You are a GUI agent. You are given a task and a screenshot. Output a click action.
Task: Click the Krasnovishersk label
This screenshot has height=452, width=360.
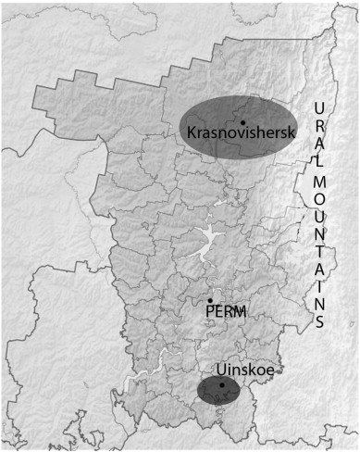pyautogui.click(x=240, y=132)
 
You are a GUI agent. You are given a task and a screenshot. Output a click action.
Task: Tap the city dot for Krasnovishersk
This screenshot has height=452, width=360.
pyautogui.click(x=242, y=121)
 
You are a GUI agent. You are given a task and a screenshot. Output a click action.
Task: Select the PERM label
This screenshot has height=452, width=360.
pyautogui.click(x=225, y=312)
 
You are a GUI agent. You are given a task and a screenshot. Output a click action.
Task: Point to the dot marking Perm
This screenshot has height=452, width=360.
pyautogui.click(x=210, y=300)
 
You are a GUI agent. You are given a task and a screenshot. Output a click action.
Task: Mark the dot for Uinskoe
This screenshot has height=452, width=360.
pyautogui.click(x=222, y=384)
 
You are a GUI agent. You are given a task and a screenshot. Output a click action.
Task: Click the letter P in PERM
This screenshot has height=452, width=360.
pyautogui.click(x=209, y=313)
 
